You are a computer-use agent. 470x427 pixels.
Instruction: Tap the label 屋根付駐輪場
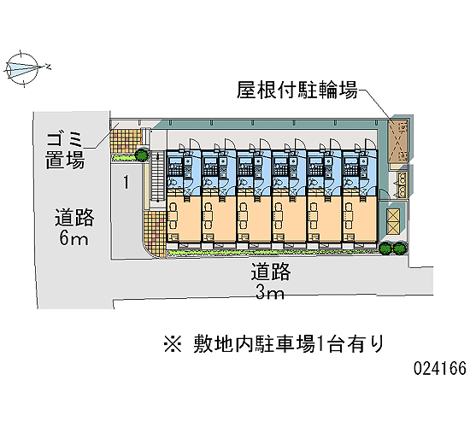(x=297, y=90)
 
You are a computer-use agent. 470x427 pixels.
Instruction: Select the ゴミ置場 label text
(x=64, y=149)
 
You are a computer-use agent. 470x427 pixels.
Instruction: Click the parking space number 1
(x=126, y=182)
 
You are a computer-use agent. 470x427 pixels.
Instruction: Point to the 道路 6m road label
(x=74, y=227)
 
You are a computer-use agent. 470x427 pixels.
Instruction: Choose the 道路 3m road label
(x=271, y=281)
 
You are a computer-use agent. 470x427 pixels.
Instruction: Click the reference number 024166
(x=440, y=368)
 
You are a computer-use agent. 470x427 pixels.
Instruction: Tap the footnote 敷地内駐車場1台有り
(x=288, y=343)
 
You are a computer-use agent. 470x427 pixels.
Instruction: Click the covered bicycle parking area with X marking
(x=398, y=142)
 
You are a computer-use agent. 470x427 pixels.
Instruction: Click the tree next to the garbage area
(x=142, y=155)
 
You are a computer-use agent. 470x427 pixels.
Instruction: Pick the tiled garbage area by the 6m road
(x=126, y=141)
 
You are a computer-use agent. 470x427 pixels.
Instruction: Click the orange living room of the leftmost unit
(x=184, y=219)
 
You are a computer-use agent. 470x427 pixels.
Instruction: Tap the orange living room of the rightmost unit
(x=360, y=219)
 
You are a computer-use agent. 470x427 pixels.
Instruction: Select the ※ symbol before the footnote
(x=173, y=343)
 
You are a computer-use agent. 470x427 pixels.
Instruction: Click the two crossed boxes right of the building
(x=393, y=222)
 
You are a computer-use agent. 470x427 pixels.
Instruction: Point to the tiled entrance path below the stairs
(x=155, y=234)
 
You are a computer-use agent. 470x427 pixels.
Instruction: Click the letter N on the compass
(x=48, y=67)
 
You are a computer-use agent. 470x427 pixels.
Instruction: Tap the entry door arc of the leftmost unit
(x=194, y=143)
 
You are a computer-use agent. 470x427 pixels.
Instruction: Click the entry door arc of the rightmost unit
(x=370, y=143)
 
